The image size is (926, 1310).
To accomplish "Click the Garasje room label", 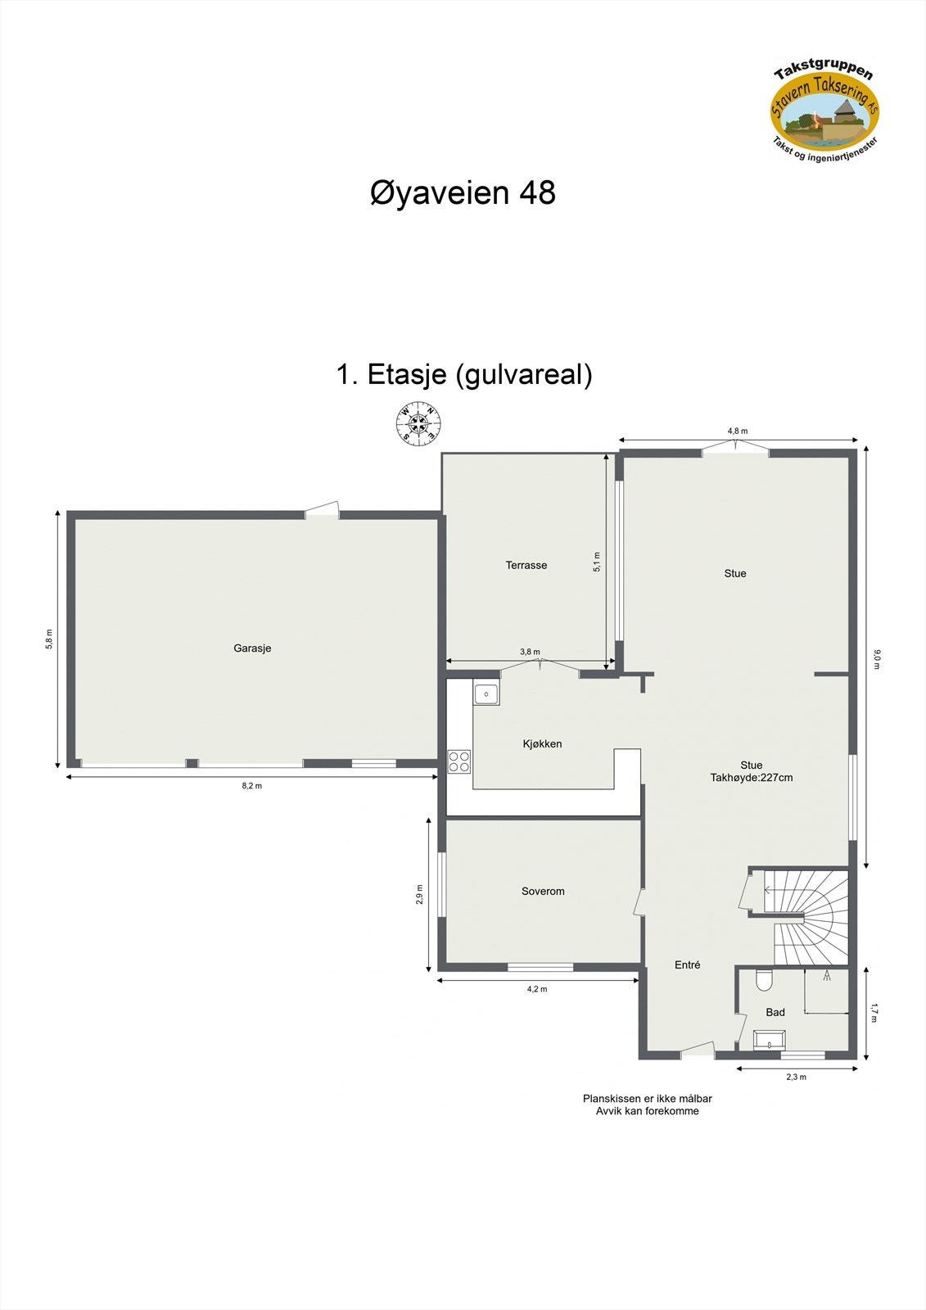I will pyautogui.click(x=252, y=648).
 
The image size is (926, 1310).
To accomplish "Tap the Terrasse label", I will pyautogui.click(x=526, y=565).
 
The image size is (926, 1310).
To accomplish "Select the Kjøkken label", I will pyautogui.click(x=542, y=744).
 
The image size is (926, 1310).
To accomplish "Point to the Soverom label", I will pyautogui.click(x=543, y=892).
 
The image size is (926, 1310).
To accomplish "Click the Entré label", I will pyautogui.click(x=687, y=965).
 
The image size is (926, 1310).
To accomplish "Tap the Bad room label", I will pyautogui.click(x=775, y=1013).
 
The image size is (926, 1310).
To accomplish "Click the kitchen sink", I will pyautogui.click(x=486, y=694).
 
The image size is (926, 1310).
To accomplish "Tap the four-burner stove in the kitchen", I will pyautogui.click(x=459, y=761).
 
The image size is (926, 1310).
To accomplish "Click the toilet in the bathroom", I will pyautogui.click(x=764, y=979).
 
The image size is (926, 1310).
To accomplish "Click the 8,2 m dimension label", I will pyautogui.click(x=251, y=786).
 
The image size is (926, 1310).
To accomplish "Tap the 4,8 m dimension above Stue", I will pyautogui.click(x=737, y=431).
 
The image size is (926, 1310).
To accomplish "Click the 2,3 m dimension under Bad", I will pyautogui.click(x=796, y=1077).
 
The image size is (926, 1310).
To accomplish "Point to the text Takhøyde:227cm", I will pyautogui.click(x=751, y=778).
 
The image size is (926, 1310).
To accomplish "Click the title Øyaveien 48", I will pyautogui.click(x=463, y=193).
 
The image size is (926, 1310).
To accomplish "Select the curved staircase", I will pyautogui.click(x=810, y=917).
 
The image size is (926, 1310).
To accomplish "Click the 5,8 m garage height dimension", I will pyautogui.click(x=49, y=639).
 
